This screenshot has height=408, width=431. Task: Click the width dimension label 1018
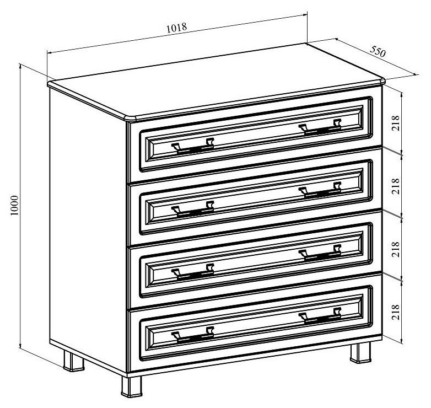[177, 27]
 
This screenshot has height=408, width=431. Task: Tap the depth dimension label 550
[378, 51]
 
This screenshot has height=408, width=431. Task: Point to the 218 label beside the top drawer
[395, 123]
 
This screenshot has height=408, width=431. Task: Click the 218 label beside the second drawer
[395, 186]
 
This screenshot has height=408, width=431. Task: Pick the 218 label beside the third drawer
[395, 249]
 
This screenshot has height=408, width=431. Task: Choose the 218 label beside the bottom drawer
[395, 312]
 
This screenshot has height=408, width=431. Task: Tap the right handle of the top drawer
[320, 127]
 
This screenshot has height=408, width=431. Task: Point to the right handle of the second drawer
[320, 190]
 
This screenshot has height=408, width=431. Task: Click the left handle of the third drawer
[193, 272]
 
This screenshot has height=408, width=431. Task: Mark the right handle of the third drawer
[320, 253]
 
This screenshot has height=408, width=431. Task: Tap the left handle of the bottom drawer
[193, 335]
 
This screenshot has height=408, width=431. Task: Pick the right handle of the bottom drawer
[320, 316]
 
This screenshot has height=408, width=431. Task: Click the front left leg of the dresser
[132, 387]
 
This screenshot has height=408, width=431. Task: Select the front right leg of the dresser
[360, 353]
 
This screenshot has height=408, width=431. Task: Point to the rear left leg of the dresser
[74, 361]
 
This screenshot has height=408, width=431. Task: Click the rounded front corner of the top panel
[130, 118]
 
